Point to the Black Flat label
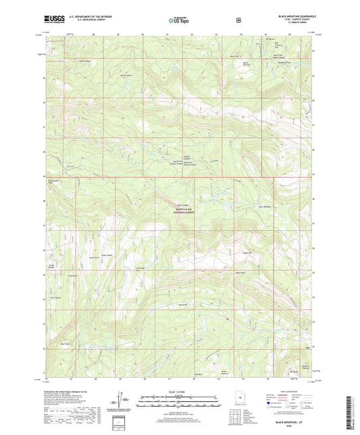(x=238, y=272)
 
